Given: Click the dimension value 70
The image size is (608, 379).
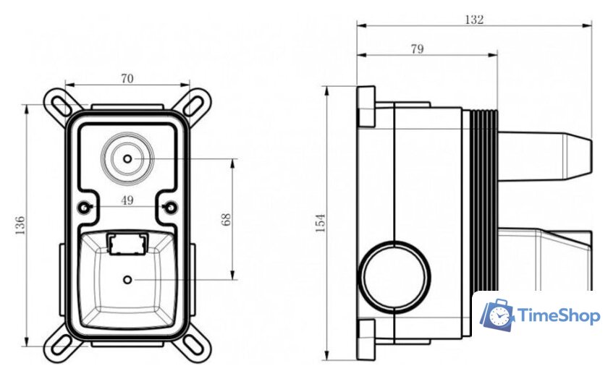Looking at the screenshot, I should (x=127, y=80).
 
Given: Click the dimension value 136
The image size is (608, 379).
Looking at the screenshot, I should (x=20, y=225).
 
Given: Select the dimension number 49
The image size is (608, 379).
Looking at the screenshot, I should (x=127, y=201).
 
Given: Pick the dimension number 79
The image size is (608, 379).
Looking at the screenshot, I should (x=417, y=49).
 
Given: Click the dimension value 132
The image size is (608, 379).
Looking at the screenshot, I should (x=474, y=20).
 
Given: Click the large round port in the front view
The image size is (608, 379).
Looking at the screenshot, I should (x=127, y=158).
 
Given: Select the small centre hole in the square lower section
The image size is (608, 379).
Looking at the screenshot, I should (x=128, y=279).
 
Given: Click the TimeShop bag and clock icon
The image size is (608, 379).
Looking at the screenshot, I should (x=498, y=315).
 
